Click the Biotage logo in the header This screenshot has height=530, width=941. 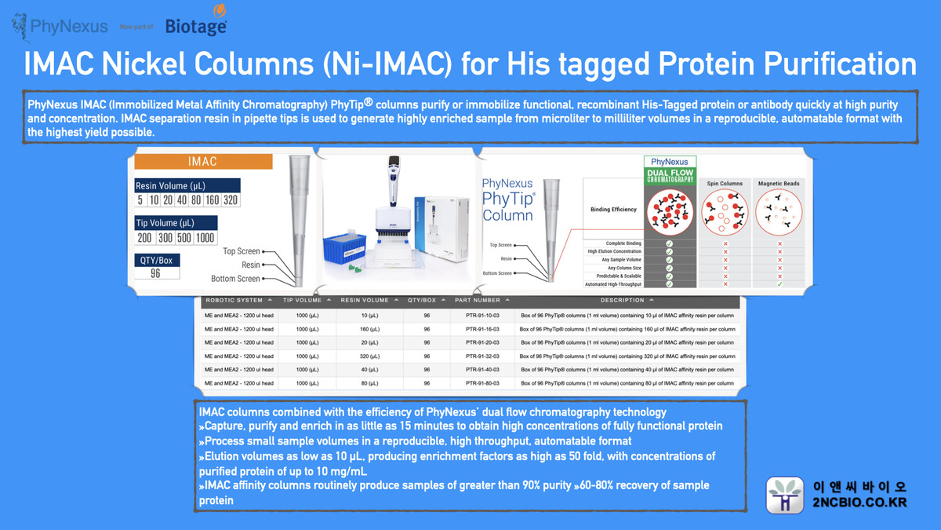coord(196,24)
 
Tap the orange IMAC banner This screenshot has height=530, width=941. coord(203,162)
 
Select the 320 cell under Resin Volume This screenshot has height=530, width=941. coord(230,199)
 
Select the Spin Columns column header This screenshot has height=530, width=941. coord(719,184)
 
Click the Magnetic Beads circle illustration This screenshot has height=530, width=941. coord(779,212)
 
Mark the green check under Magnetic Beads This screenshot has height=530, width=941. coord(779,283)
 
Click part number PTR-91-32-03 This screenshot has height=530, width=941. coord(476,356)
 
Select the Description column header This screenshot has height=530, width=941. coord(627,300)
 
